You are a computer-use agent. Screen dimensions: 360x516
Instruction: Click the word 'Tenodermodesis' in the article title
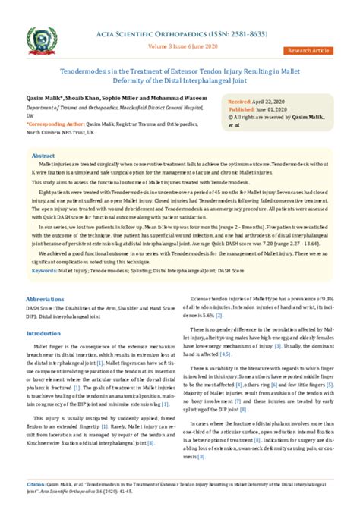click(86, 68)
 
